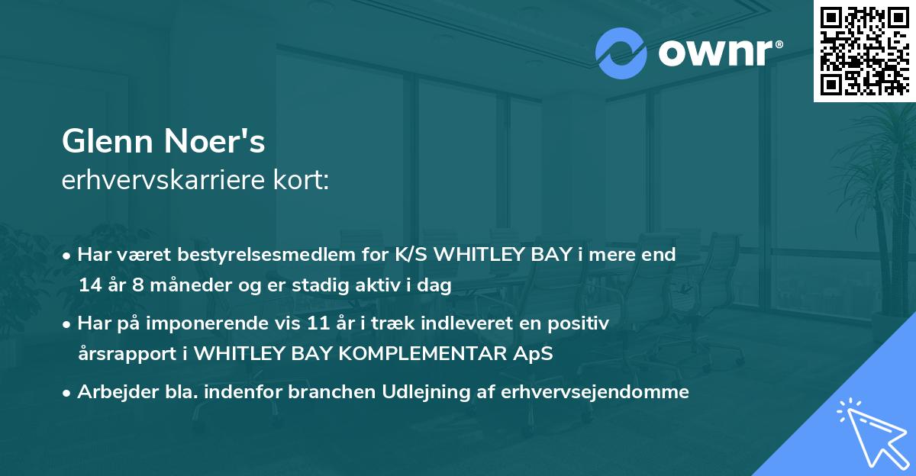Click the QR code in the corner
[864, 50]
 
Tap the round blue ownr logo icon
[621, 53]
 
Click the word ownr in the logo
[717, 53]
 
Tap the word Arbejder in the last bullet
[111, 392]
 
